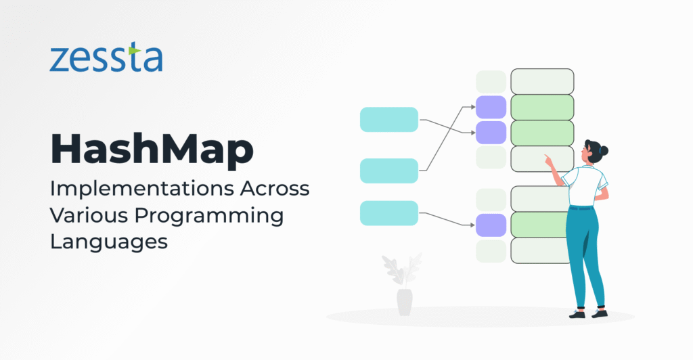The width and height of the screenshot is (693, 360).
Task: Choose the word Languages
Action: coord(108,242)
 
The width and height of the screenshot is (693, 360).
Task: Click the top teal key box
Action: coord(388,119)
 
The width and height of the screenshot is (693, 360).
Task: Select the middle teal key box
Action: coord(388,171)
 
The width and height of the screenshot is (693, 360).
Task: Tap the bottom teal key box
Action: coord(388,212)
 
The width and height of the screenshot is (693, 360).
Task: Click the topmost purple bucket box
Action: coord(491,107)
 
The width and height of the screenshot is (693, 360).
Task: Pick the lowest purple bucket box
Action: coord(491,225)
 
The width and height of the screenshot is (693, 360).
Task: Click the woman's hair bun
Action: coord(604,150)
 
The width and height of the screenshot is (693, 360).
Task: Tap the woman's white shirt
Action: coord(583,185)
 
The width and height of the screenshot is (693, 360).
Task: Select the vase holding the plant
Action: coord(404,302)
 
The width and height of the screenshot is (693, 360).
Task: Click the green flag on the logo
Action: coord(134,50)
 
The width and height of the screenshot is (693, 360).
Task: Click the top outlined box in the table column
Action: coord(542,81)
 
